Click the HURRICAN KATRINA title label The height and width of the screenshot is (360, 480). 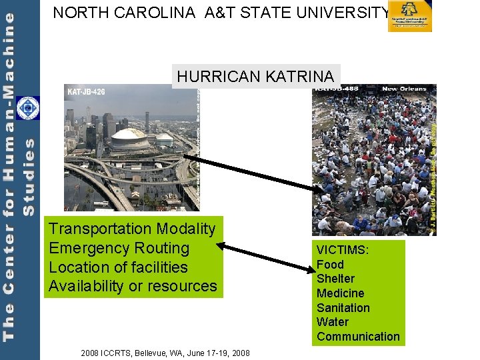coord(256,76)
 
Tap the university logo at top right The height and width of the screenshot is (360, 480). coord(410,16)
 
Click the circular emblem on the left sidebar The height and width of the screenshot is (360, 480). coord(27,108)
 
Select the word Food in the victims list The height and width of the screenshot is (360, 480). coord(330,264)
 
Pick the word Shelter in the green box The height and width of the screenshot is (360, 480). coord(335,279)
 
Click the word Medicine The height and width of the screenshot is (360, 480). coord(340,293)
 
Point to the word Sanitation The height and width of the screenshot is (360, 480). coord(343,308)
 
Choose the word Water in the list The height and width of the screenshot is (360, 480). coord(332,322)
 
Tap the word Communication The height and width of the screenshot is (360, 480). coord(358,337)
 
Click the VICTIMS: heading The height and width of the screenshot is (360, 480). coord(343,250)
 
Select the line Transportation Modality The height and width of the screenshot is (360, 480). coord(132,229)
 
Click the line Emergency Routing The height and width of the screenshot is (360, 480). coord(119,248)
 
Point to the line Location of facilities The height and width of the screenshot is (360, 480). coord(118,267)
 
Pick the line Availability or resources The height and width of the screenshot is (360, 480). coord(133,287)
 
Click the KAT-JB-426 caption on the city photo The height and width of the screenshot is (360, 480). coord(86,91)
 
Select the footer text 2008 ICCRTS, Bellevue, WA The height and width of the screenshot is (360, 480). coord(165,352)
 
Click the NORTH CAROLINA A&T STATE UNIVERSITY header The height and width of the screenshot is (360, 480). coord(221,12)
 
